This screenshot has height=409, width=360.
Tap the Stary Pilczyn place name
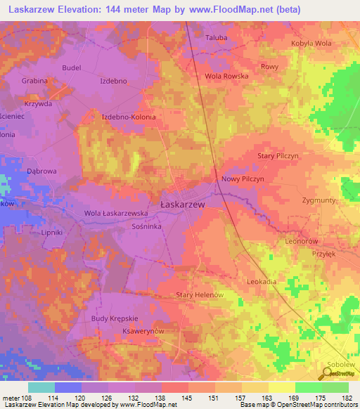pos(278,155)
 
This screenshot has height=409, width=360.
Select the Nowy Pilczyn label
pos(243,179)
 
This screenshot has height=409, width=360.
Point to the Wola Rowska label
pos(223,76)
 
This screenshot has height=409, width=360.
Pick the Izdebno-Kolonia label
pos(129,117)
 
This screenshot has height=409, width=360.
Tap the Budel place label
pos(72,67)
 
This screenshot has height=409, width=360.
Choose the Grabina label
pos(34,81)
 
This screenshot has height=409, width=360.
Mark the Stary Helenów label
pos(200,295)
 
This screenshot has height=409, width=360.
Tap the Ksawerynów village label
pos(143,331)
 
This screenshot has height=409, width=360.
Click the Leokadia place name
pos(262,281)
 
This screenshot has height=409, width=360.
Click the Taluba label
pos(216,38)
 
